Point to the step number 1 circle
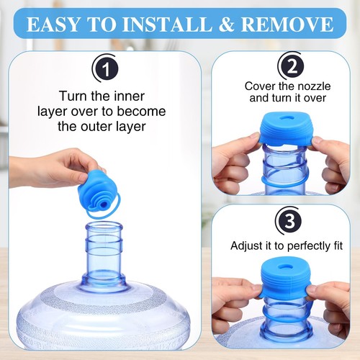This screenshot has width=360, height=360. pos(105,69)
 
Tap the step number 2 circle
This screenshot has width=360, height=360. pos(291,67)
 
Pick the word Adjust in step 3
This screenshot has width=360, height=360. pos(246,246)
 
